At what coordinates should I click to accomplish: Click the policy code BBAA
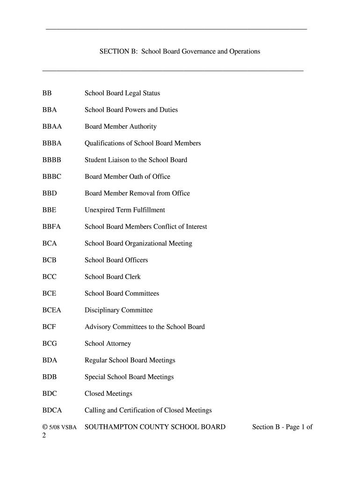[52, 127]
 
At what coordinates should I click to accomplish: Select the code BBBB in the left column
[52, 160]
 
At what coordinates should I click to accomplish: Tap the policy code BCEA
[52, 310]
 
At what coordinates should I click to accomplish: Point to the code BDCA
[52, 410]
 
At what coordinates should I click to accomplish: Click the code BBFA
[52, 227]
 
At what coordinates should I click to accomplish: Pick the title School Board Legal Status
[122, 93]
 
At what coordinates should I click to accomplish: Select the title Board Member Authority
[121, 127]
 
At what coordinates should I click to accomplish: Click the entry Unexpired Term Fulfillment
[125, 210]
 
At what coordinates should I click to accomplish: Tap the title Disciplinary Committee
[118, 310]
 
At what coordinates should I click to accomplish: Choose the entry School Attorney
[108, 344]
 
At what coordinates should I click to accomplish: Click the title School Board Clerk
[112, 277]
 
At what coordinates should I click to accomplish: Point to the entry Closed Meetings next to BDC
[108, 394]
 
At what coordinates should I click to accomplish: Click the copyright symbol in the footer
[45, 427]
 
